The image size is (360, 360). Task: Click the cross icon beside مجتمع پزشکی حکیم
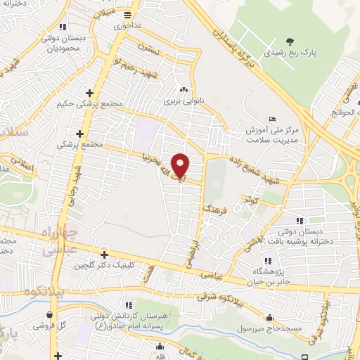(89, 93)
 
